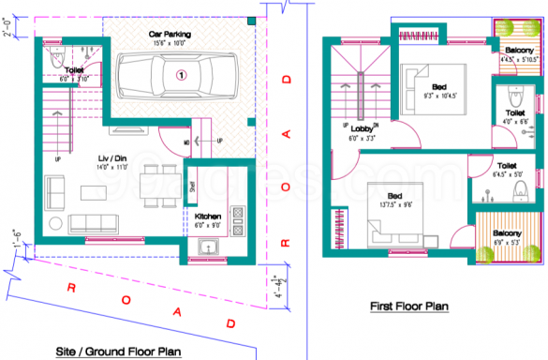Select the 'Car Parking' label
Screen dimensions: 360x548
(x=170, y=34)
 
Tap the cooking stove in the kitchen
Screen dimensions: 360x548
(x=237, y=220)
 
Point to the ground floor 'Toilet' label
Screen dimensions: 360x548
(x=74, y=71)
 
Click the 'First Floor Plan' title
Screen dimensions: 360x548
(x=409, y=305)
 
